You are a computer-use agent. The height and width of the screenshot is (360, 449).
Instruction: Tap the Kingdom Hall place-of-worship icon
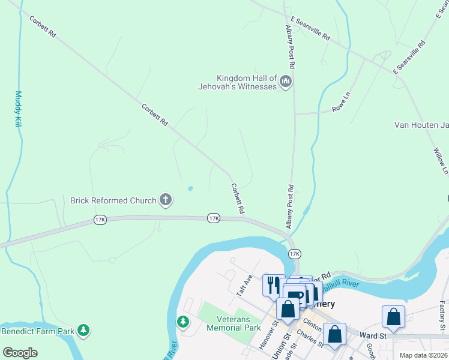point(286,82)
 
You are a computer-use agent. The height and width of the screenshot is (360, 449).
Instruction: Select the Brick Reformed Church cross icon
point(166,200)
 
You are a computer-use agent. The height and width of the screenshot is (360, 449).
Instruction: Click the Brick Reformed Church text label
point(113,200)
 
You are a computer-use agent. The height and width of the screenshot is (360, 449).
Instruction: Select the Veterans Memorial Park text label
point(234,323)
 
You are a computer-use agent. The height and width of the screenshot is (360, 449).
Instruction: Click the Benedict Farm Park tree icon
point(84,330)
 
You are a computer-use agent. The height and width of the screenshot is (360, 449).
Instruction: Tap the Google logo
point(20,353)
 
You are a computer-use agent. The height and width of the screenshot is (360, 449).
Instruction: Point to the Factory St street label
point(442,316)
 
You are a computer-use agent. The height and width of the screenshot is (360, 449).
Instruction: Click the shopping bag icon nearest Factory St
point(393,317)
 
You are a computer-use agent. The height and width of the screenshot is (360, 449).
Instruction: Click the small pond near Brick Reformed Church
point(190,188)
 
